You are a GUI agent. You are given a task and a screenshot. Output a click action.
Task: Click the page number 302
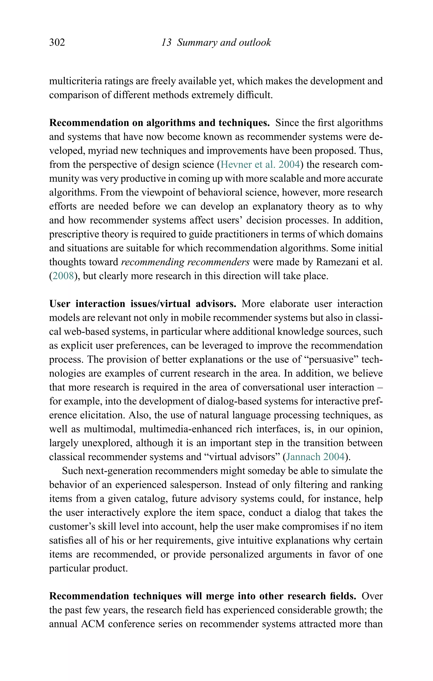[x=57, y=42]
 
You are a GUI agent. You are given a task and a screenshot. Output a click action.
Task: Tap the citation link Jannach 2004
[x=315, y=457]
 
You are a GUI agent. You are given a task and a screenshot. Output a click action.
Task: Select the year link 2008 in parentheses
[x=63, y=276]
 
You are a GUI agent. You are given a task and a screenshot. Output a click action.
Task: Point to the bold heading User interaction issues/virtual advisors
[x=143, y=304]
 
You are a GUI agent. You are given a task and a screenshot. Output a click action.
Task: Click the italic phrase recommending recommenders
[x=185, y=262]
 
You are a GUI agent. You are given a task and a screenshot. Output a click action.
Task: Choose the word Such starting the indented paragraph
[x=72, y=471]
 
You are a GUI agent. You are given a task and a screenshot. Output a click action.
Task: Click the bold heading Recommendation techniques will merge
[x=202, y=596]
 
